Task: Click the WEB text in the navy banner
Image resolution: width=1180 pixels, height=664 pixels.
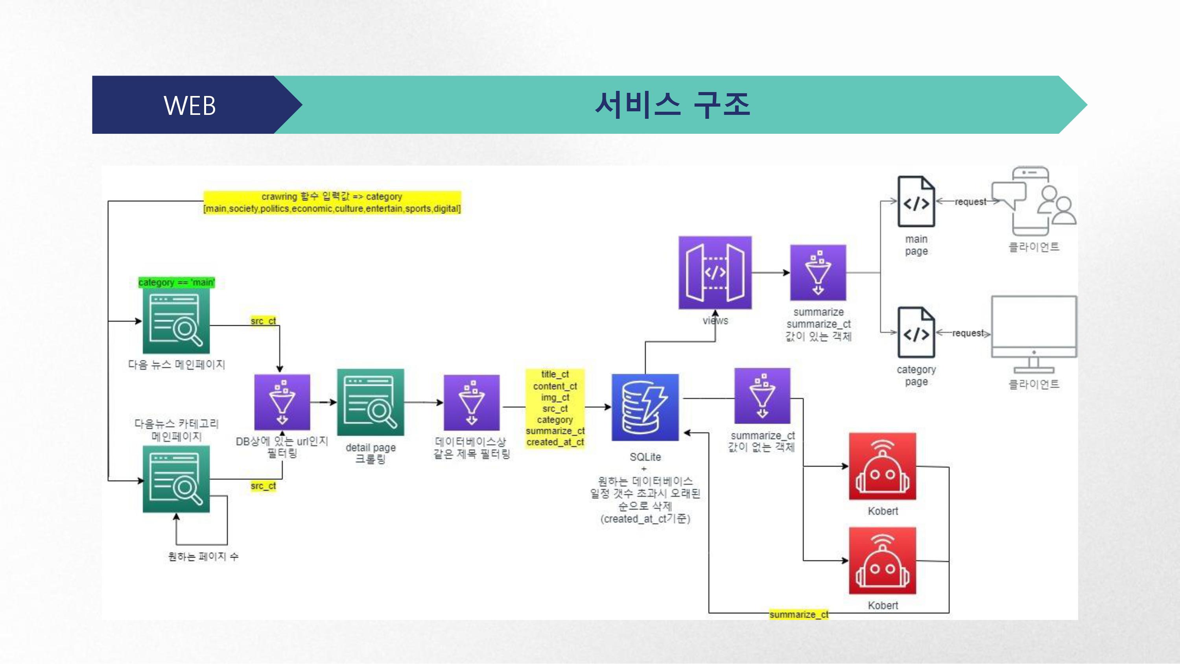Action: pyautogui.click(x=190, y=106)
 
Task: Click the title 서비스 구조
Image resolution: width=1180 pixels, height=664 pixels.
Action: pyautogui.click(x=672, y=105)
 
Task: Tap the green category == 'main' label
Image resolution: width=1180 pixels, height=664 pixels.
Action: pyautogui.click(x=176, y=282)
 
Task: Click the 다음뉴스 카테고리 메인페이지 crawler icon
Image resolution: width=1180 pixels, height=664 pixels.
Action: pyautogui.click(x=176, y=479)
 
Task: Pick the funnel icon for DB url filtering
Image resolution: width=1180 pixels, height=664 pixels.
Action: pyautogui.click(x=282, y=402)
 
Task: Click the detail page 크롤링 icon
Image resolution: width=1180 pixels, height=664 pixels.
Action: pyautogui.click(x=371, y=402)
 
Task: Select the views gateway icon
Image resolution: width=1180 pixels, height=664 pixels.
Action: pyautogui.click(x=715, y=273)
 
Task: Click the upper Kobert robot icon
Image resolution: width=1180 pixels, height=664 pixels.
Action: pyautogui.click(x=882, y=466)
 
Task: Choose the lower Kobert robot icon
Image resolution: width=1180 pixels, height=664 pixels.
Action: pyautogui.click(x=882, y=561)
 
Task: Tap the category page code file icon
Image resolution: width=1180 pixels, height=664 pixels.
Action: pyautogui.click(x=916, y=332)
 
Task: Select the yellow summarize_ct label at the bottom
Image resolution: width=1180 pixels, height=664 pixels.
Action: pyautogui.click(x=798, y=614)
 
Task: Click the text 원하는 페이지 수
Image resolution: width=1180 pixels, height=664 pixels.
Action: pyautogui.click(x=203, y=556)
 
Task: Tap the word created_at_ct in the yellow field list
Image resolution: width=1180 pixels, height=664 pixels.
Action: pyautogui.click(x=555, y=442)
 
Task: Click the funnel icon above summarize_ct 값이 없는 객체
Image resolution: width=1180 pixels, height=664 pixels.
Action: pyautogui.click(x=762, y=396)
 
